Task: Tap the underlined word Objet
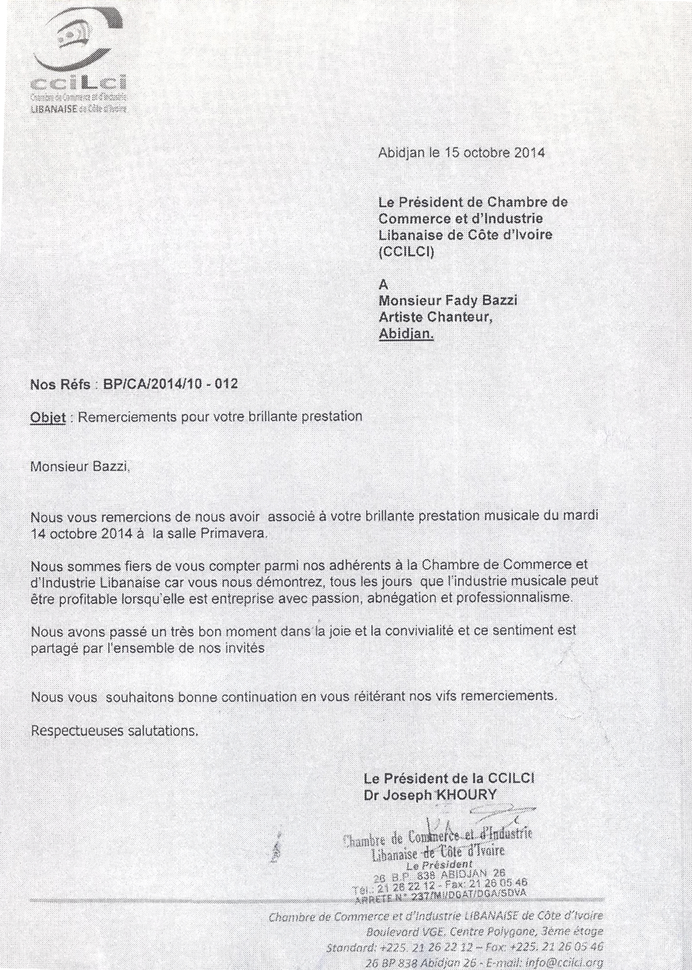[48, 417]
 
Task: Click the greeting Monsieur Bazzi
[80, 466]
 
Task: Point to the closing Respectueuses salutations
[115, 731]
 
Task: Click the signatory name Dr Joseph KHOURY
[430, 795]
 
